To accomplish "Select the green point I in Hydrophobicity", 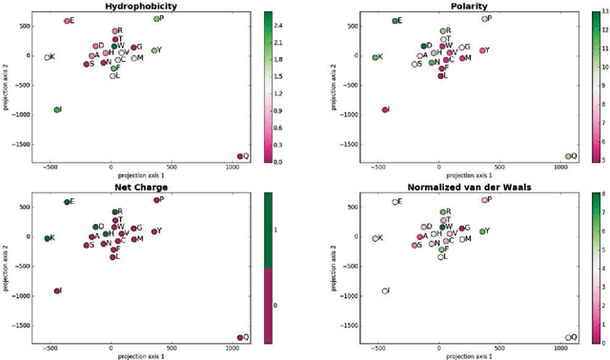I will click(57, 110).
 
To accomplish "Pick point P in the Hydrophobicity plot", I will click(157, 19).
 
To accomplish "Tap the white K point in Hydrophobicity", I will click(47, 57).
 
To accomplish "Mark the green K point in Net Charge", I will click(47, 238).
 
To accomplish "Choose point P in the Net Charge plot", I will click(157, 200).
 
